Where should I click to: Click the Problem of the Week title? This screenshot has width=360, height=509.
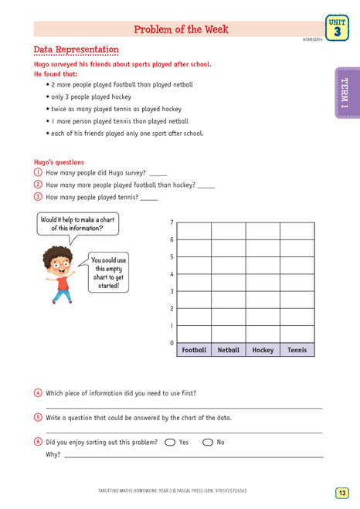pyautogui.click(x=181, y=29)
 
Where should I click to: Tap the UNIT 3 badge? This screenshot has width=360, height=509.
pyautogui.click(x=337, y=27)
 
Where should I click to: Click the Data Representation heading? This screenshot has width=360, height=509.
pyautogui.click(x=76, y=50)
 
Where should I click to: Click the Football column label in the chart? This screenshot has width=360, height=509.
pyautogui.click(x=194, y=350)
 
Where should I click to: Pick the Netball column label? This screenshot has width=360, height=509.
pyautogui.click(x=229, y=350)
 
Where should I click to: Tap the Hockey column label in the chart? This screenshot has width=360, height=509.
pyautogui.click(x=263, y=350)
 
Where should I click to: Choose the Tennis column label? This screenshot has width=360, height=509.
pyautogui.click(x=297, y=350)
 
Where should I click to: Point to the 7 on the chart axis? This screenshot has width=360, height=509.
pyautogui.click(x=172, y=222)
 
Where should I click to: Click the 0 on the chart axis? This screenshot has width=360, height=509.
pyautogui.click(x=172, y=342)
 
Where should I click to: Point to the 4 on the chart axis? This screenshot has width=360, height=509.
pyautogui.click(x=172, y=274)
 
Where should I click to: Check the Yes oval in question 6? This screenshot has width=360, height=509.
pyautogui.click(x=169, y=443)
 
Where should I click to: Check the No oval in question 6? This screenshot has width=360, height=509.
pyautogui.click(x=207, y=443)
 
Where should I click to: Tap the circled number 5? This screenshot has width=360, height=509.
pyautogui.click(x=38, y=417)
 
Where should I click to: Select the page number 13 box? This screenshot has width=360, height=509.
pyautogui.click(x=341, y=492)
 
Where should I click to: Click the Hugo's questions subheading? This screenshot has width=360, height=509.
pyautogui.click(x=59, y=162)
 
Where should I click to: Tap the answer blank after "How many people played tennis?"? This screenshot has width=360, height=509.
pyautogui.click(x=149, y=199)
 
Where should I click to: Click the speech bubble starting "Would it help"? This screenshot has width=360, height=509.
pyautogui.click(x=76, y=223)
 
